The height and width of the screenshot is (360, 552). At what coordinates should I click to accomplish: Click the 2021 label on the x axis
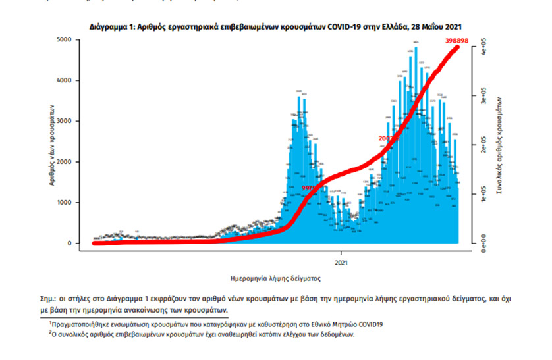[x=341, y=261]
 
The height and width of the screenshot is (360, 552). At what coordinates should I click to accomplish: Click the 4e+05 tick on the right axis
[x=484, y=48]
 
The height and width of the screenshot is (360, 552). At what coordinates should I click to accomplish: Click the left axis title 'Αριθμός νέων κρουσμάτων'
[x=51, y=141]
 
